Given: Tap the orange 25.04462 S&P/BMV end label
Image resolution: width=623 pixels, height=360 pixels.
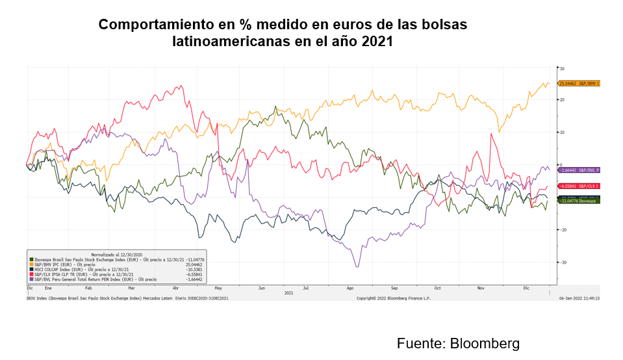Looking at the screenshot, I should pos(578,84).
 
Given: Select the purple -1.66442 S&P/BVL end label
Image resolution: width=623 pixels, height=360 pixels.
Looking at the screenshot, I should pos(578,170).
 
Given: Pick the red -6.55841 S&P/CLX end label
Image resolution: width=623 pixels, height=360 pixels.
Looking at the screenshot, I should pos(578,186).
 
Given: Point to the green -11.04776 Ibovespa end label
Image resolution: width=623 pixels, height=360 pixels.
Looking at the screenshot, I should pos(578,201).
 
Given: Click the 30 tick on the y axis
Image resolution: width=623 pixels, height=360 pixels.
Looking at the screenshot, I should pos(562,68).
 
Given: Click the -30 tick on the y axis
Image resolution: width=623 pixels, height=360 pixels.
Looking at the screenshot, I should pos(563,262).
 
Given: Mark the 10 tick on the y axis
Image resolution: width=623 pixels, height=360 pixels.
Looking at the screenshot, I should pos(562,133).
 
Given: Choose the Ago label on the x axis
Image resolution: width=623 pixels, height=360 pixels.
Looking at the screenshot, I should pos(351,287).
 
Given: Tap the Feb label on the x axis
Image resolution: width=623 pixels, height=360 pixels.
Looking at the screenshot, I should pos(88,287).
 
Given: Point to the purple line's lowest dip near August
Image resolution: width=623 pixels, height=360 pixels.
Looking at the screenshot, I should pos(356,266).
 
